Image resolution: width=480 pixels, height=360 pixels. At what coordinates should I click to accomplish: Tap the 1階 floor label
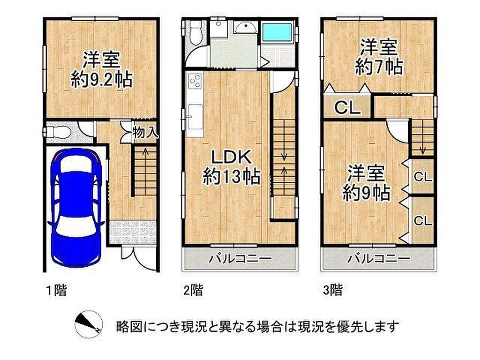56,290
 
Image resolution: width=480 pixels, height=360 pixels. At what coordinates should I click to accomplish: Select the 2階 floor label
193,290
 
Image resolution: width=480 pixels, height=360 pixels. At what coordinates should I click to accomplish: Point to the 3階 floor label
333,290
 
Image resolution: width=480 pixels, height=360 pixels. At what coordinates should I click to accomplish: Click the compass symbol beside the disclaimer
89,324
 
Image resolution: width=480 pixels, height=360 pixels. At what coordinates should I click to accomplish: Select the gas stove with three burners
195,81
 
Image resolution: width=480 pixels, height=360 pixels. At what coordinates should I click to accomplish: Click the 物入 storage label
145,133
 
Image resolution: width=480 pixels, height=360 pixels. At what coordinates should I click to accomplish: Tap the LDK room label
232,157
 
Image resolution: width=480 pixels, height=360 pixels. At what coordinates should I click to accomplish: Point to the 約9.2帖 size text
102,80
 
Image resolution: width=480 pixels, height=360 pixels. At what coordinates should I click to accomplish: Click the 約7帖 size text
379,67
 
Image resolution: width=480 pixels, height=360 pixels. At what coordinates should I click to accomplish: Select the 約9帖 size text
366,193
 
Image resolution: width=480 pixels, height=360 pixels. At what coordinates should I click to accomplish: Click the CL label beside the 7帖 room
347,107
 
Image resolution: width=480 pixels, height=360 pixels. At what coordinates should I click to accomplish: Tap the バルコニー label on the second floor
240,259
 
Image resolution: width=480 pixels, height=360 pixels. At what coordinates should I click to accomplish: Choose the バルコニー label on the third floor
379,259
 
